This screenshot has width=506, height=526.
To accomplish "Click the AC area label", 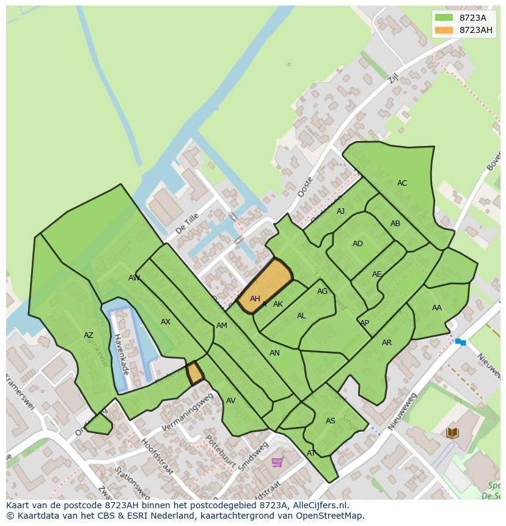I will [402, 183].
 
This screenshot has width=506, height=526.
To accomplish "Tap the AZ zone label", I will [89, 335].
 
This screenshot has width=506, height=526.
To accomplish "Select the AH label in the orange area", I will [255, 299].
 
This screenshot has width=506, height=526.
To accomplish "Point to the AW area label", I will [134, 278].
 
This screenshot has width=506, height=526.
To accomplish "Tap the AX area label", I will [165, 322].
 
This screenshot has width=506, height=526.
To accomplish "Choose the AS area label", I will [330, 421].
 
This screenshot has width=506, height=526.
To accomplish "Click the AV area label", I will [230, 401].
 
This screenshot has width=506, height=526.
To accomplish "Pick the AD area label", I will [358, 244].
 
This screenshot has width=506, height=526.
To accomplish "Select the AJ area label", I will [340, 211].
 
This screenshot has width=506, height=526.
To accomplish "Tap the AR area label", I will [386, 343].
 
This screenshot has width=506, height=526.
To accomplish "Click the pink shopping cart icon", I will [277, 462].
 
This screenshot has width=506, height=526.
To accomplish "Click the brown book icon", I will [452, 433].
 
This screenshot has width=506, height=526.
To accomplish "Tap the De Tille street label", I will [187, 224].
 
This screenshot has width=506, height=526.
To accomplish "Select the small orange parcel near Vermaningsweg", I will [195, 373].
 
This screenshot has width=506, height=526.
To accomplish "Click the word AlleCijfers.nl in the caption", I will [320, 506].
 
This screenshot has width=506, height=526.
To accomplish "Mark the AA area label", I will [436, 308].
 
